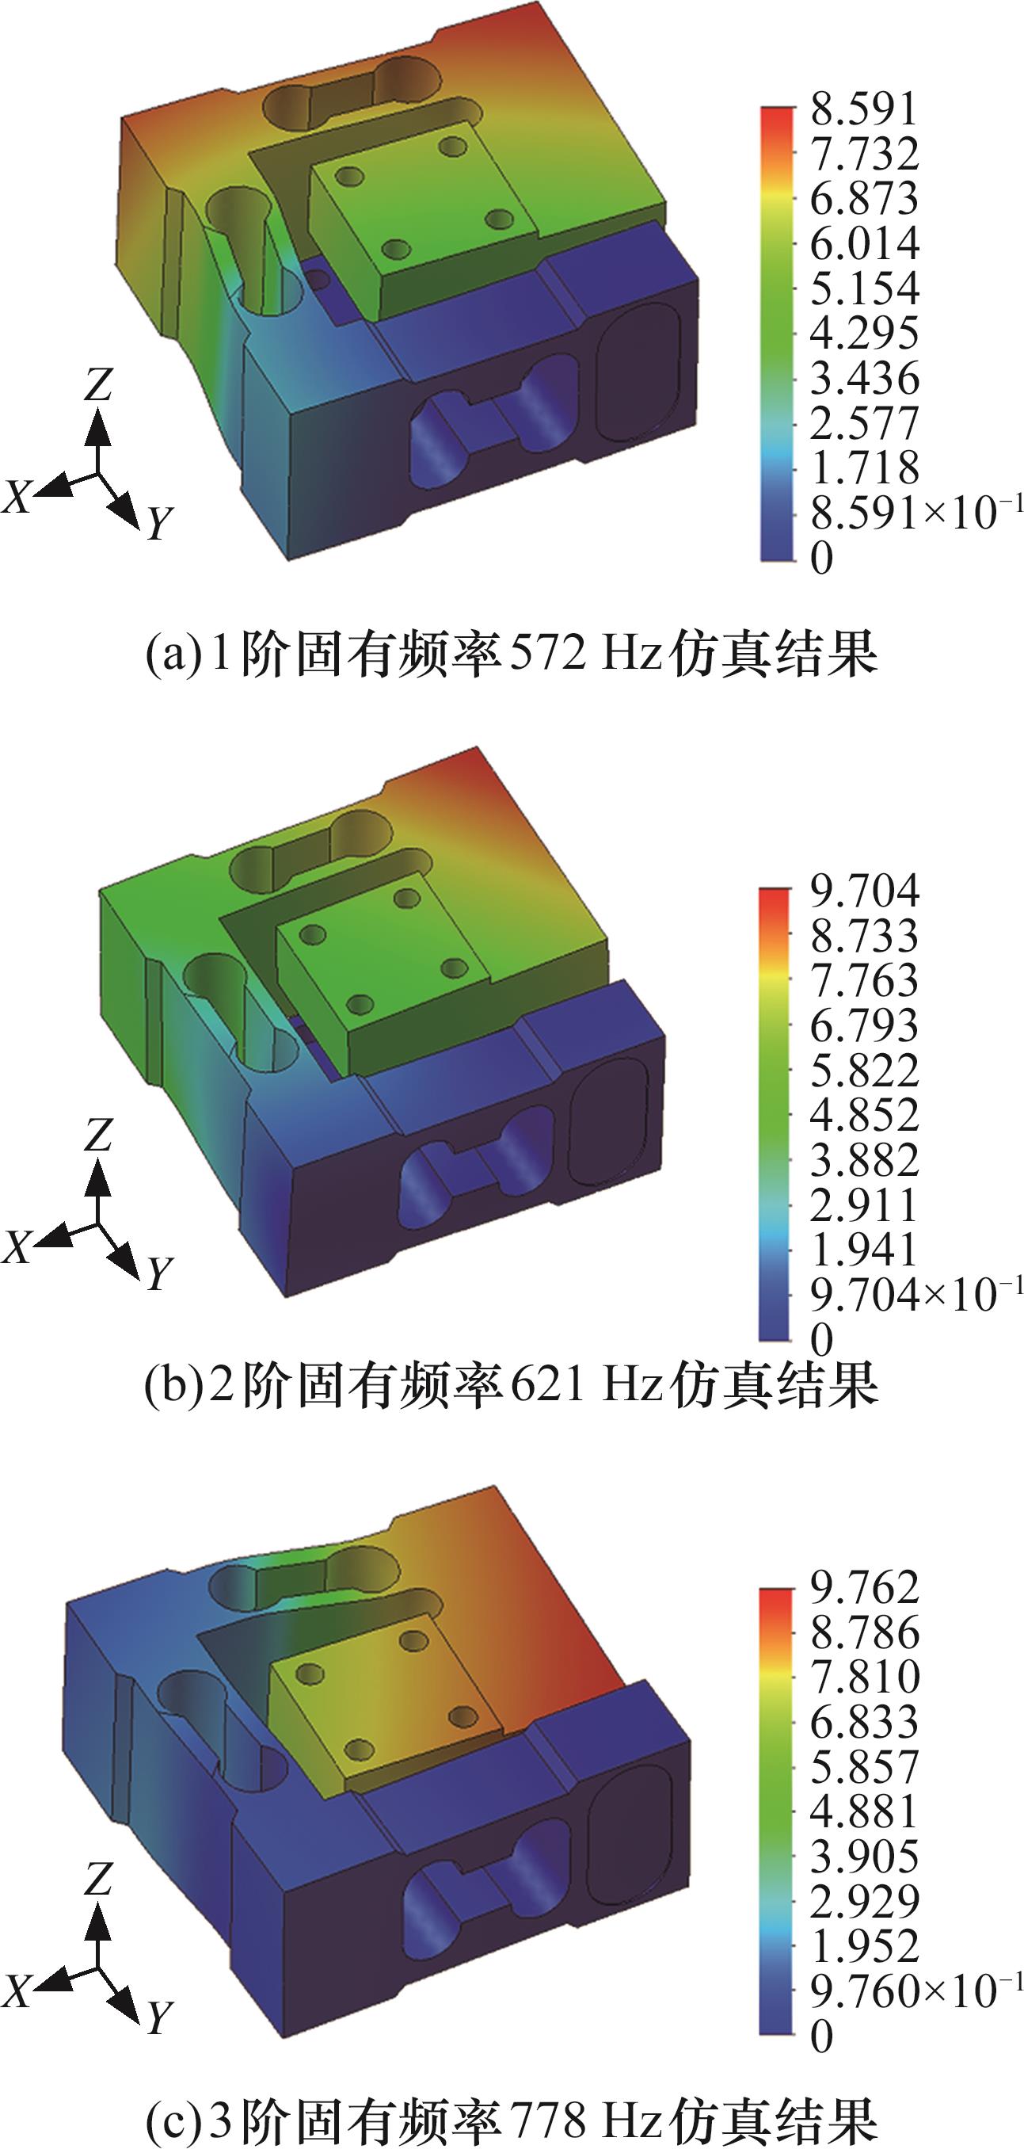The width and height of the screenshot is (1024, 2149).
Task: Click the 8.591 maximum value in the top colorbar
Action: pyautogui.click(x=864, y=109)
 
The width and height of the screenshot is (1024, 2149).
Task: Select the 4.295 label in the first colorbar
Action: pyautogui.click(x=864, y=333)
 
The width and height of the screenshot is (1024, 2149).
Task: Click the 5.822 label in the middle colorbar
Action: pyautogui.click(x=864, y=1071)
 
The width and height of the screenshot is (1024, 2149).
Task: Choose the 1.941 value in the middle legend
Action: pyautogui.click(x=864, y=1249)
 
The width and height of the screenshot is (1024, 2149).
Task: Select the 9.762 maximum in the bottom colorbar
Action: pyautogui.click(x=864, y=1586)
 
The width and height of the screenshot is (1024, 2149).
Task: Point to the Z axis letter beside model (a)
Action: pyautogui.click(x=97, y=385)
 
